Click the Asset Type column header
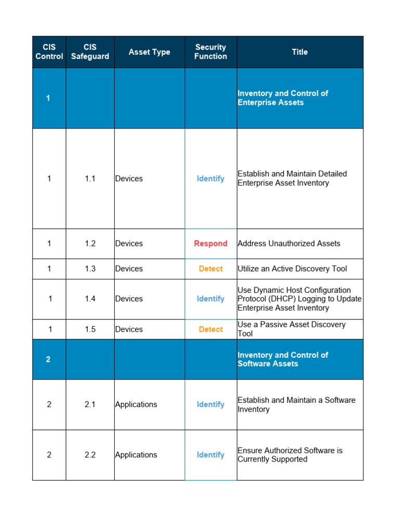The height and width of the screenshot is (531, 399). point(149,52)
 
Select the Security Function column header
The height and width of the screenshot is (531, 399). point(210,52)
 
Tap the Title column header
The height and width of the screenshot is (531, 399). point(300,52)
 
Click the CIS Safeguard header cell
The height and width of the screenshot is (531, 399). point(90,52)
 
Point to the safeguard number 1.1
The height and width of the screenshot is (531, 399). point(90,178)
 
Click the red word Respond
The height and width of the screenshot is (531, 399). point(210,244)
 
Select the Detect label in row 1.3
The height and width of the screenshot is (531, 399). point(210,269)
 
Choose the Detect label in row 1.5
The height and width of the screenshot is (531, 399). point(210,329)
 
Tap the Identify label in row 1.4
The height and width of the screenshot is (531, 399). point(210,299)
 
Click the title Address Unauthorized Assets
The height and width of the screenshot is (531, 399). point(289,244)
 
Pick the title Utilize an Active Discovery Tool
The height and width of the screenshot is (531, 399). point(292,269)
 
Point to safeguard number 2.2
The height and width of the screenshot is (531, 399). point(90,455)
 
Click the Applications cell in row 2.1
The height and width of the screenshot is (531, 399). point(136,404)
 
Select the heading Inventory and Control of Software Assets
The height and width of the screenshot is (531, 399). point(283,359)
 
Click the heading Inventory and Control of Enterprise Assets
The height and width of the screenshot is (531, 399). point(283,98)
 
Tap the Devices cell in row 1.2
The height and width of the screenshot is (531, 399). point(129,244)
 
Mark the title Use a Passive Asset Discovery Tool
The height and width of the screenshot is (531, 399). point(291,329)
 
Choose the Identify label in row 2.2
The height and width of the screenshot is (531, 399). point(210,455)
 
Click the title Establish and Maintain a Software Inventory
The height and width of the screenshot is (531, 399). point(296,404)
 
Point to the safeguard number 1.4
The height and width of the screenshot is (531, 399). point(90,299)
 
